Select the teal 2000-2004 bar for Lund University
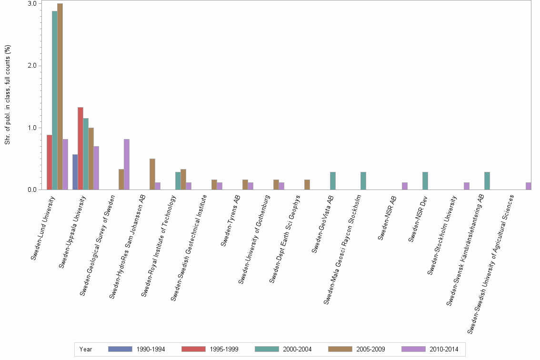pyautogui.click(x=54, y=100)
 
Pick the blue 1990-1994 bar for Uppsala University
pyautogui.click(x=75, y=172)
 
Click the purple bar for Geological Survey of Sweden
pyautogui.click(x=127, y=164)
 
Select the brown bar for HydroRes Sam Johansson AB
pyautogui.click(x=152, y=174)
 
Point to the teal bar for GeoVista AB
pyautogui.click(x=332, y=181)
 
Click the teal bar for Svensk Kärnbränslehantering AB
pyautogui.click(x=487, y=181)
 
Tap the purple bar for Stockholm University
pyautogui.click(x=467, y=186)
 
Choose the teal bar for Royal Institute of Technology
pyautogui.click(x=178, y=181)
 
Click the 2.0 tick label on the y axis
pyautogui.click(x=32, y=66)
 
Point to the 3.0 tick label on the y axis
pyautogui.click(x=32, y=4)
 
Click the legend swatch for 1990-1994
pyautogui.click(x=120, y=349)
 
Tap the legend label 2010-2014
pyautogui.click(x=443, y=349)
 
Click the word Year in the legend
pyautogui.click(x=86, y=349)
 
